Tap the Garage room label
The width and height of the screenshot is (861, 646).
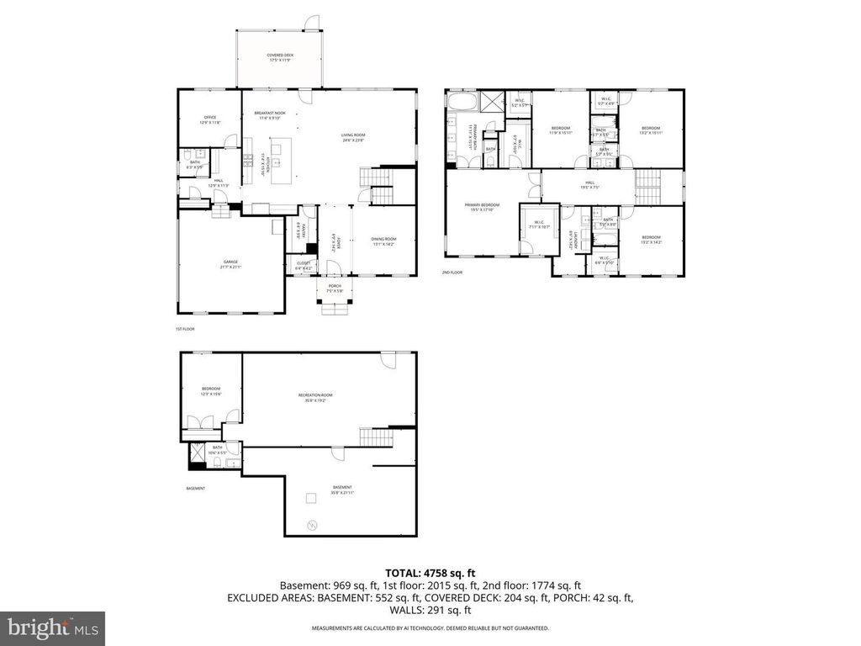tap(231, 265)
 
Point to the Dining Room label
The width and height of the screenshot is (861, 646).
tap(383, 241)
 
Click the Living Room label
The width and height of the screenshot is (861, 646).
tap(352, 136)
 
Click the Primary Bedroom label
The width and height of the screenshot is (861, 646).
tap(483, 207)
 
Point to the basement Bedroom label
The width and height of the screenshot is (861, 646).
tap(210, 391)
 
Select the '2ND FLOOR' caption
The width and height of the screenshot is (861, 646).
tap(452, 273)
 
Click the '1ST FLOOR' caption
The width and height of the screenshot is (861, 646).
tap(185, 329)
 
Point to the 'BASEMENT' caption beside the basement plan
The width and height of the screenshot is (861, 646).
tap(195, 489)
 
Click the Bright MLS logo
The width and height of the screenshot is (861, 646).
tap(52, 627)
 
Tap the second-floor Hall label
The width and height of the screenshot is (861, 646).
tap(589, 184)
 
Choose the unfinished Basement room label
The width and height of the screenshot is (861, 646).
tap(342, 489)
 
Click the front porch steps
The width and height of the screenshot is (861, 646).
tap(335, 309)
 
